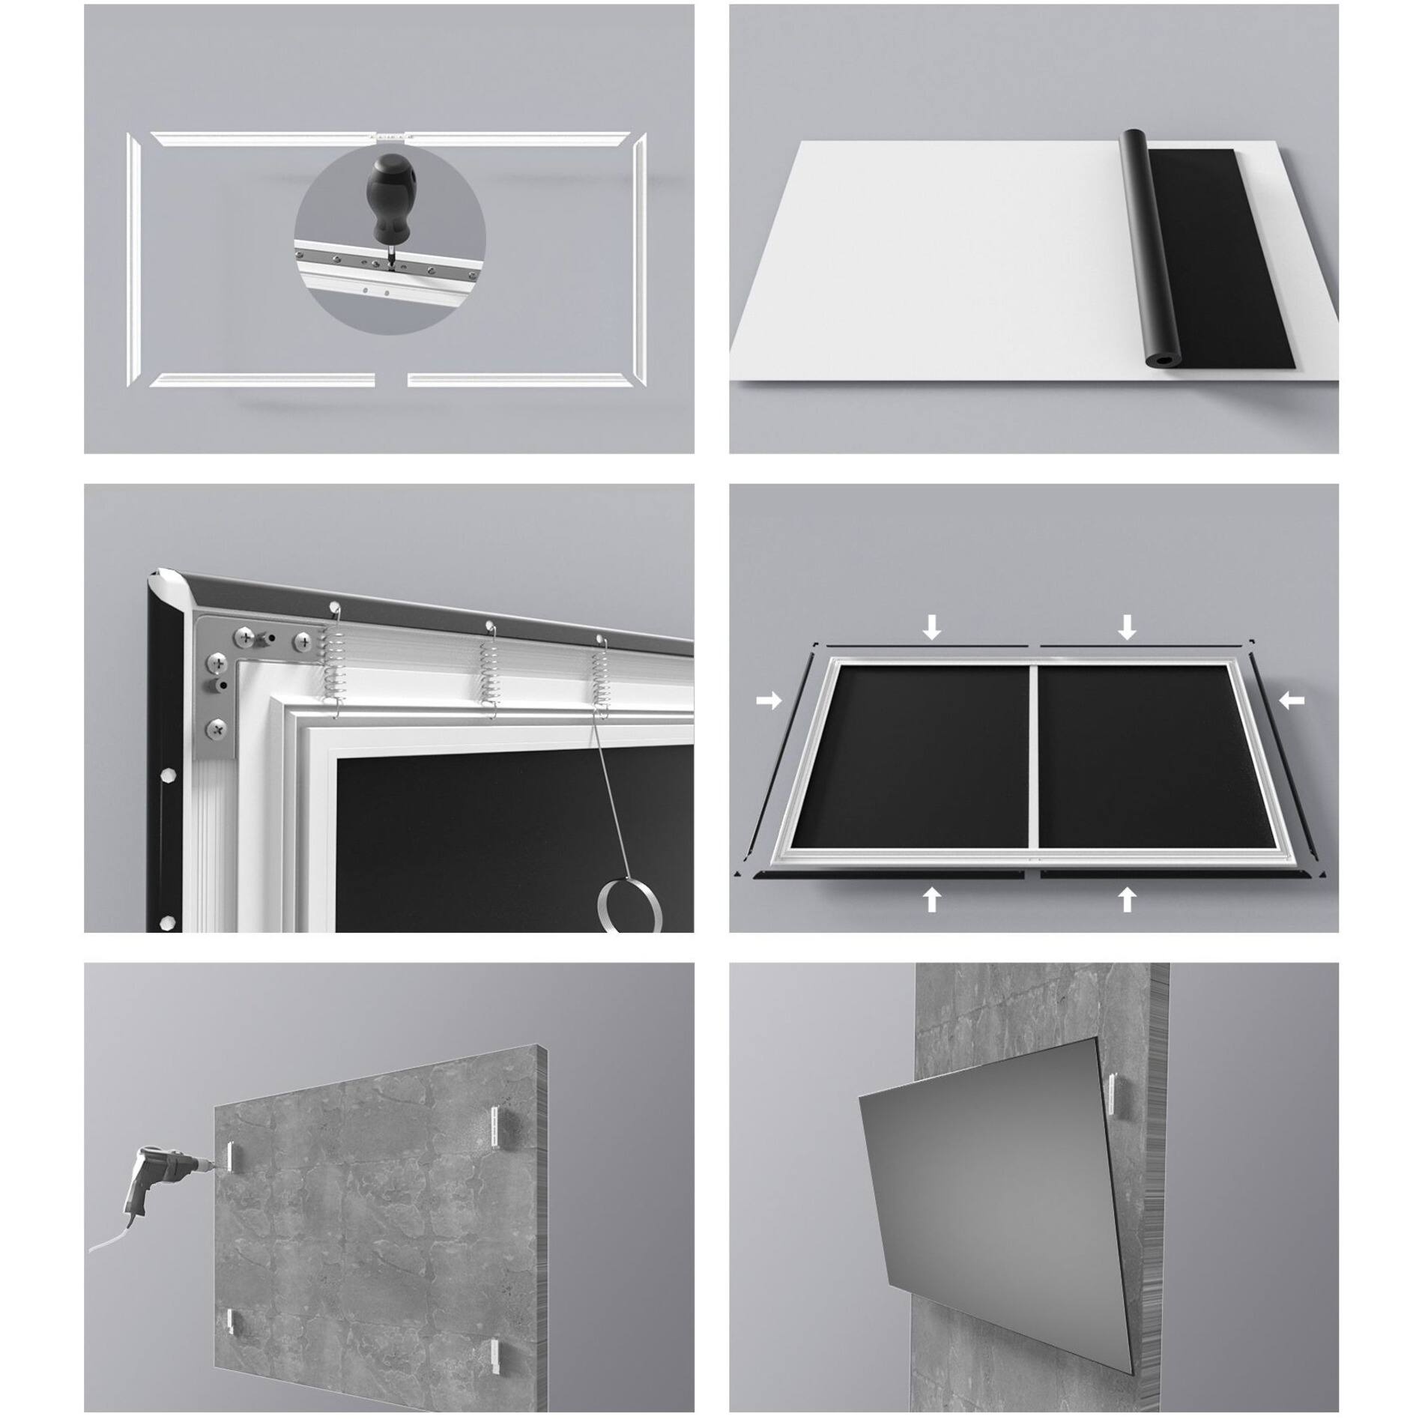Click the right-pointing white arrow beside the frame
point(768,701)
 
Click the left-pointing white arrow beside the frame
point(1292,701)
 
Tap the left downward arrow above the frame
point(931,626)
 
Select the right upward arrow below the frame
point(1126,898)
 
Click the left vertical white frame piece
point(134,259)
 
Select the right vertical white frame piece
point(639,259)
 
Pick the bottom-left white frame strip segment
point(262,381)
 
